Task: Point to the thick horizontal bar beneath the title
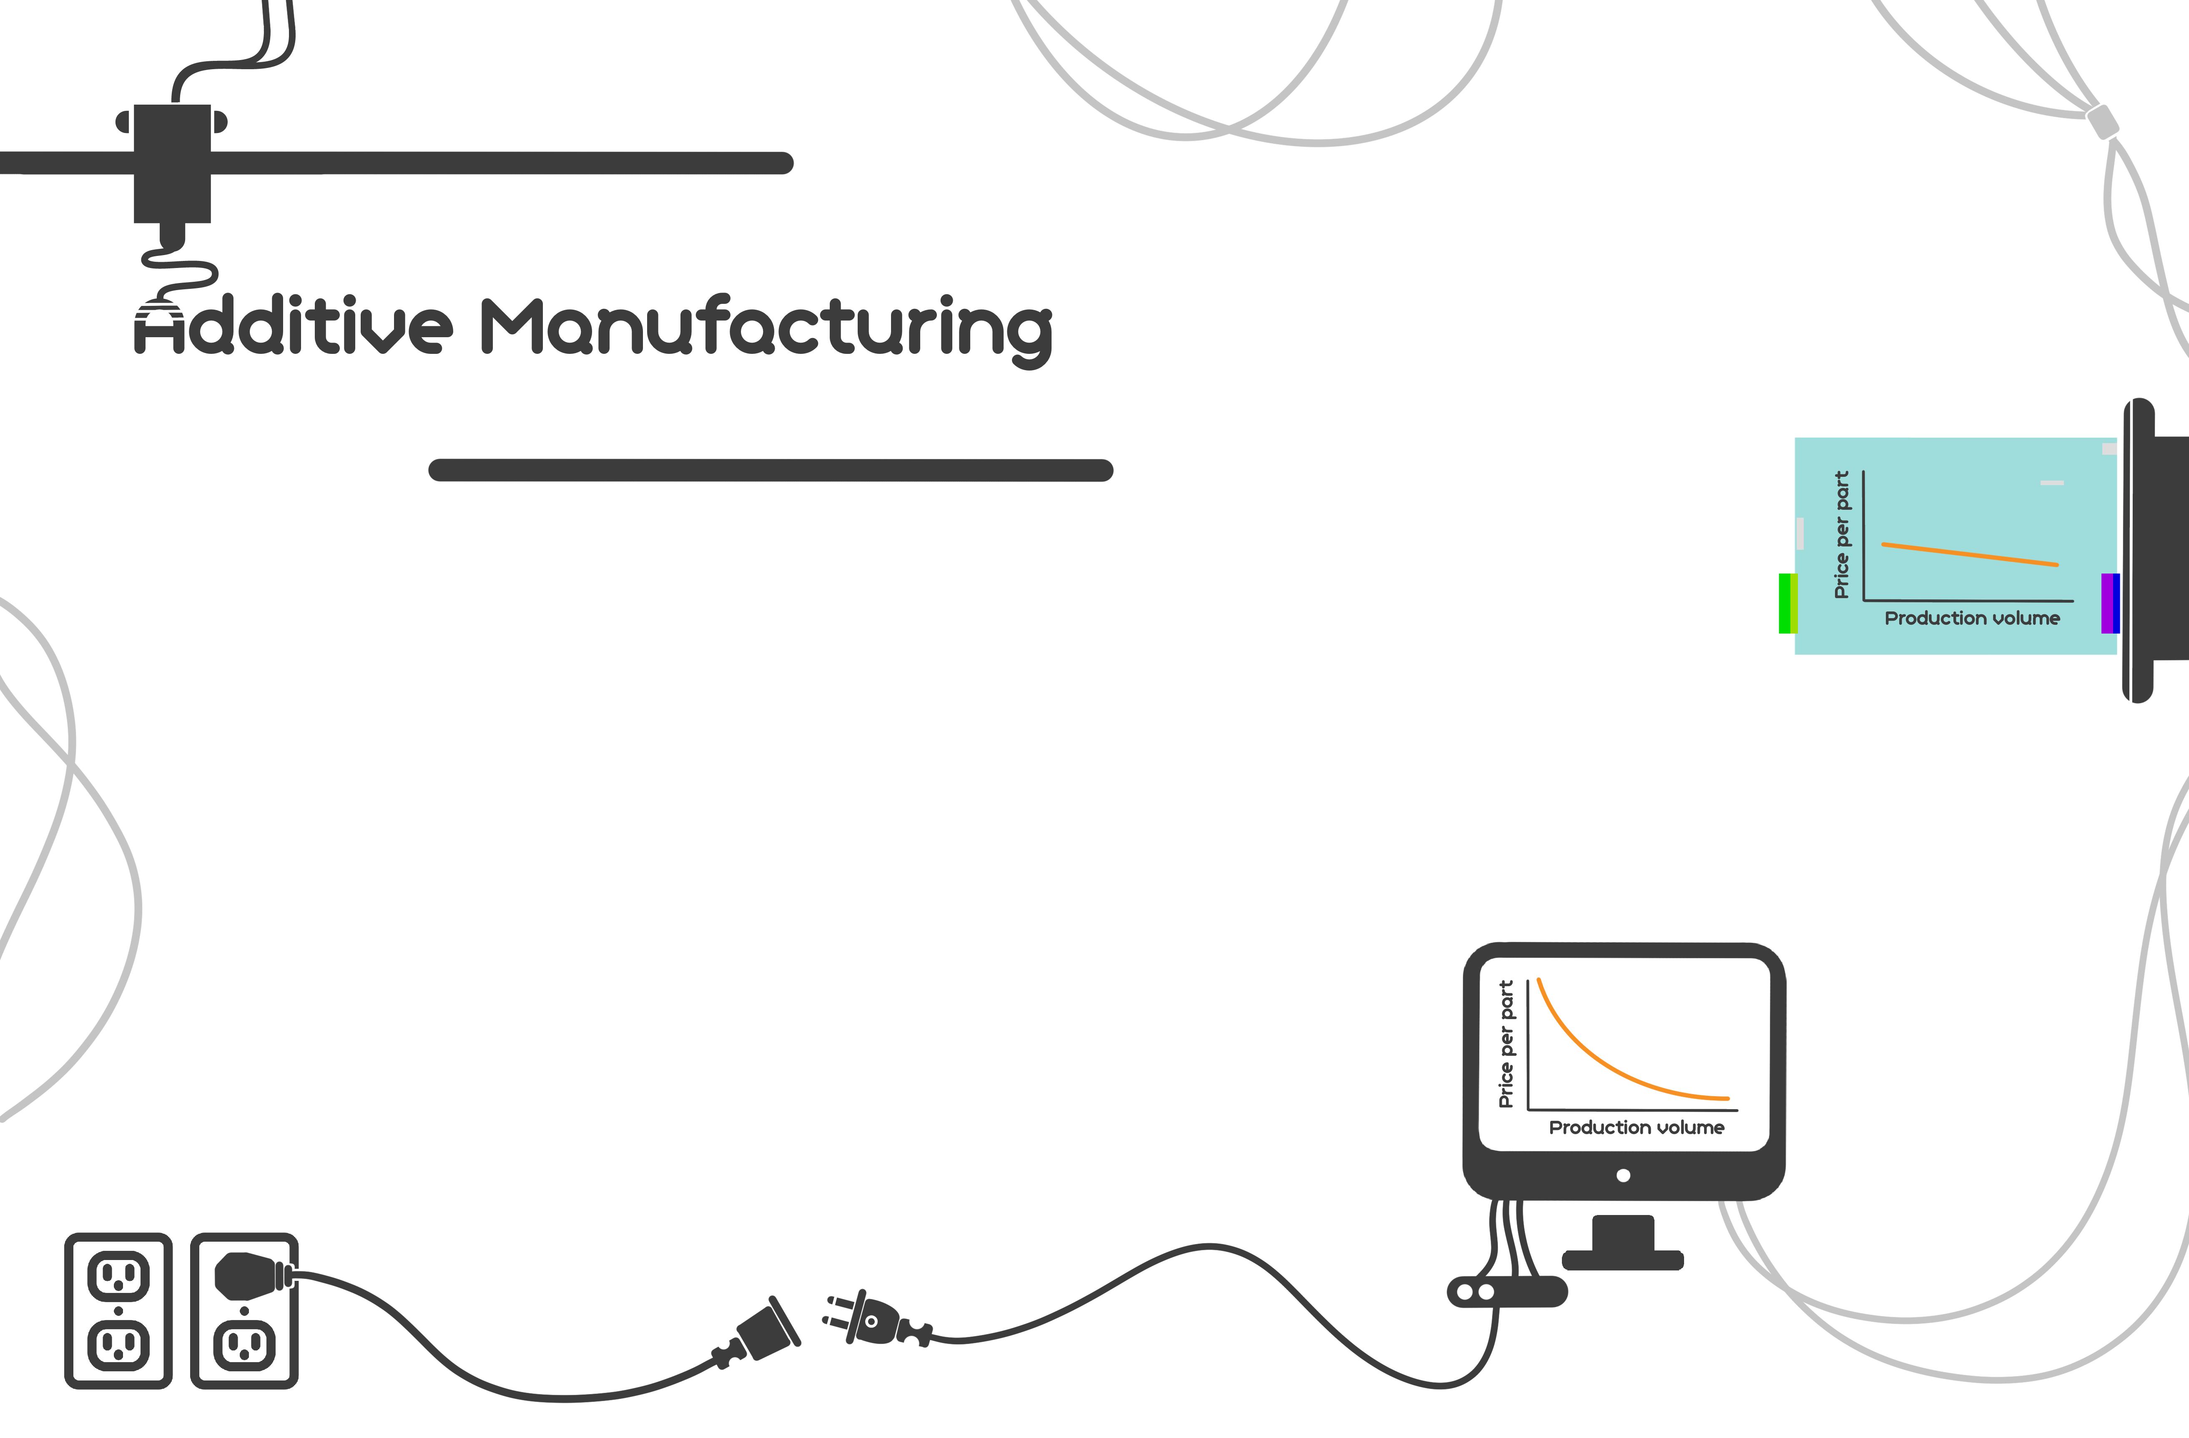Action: coord(771,470)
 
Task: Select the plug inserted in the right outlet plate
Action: coord(246,1275)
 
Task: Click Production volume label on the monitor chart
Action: coord(1636,1127)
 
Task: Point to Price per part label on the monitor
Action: coord(1506,1044)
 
